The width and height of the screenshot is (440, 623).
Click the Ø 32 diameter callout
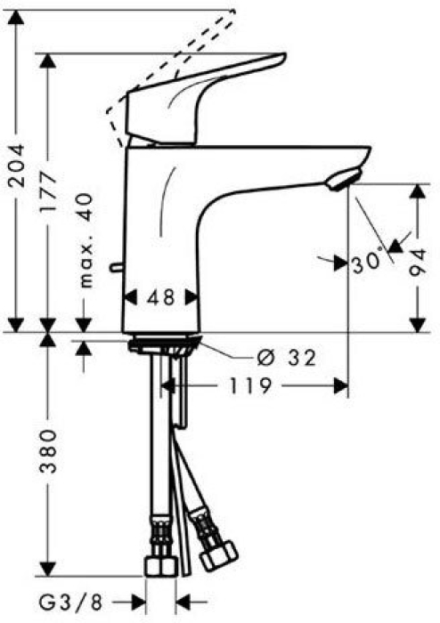click(287, 358)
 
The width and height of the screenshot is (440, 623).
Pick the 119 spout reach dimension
click(252, 386)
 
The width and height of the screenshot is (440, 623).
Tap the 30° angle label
click(369, 263)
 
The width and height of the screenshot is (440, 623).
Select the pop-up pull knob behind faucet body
click(113, 267)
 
